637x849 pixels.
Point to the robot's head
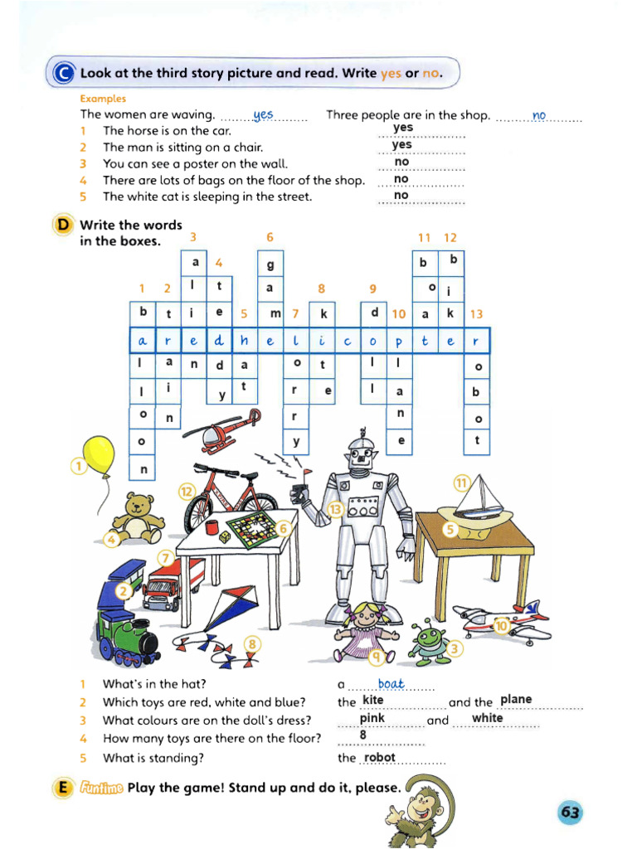362,454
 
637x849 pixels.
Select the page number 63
570,813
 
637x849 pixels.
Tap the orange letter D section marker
62,226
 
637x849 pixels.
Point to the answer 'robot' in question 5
380,757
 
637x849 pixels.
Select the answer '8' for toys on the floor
362,735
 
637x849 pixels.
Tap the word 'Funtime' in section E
101,788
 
